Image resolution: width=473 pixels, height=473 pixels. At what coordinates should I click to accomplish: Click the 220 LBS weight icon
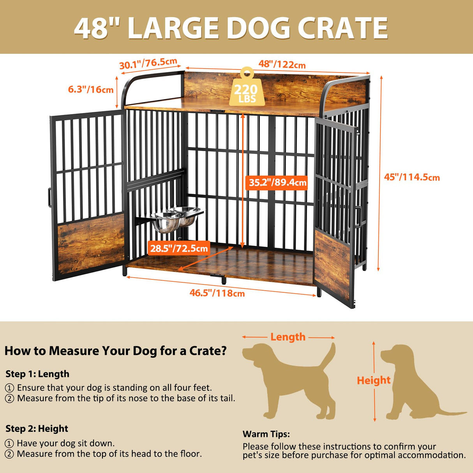pyautogui.click(x=246, y=88)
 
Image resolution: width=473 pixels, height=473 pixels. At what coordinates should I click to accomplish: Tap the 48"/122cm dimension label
pyautogui.click(x=282, y=65)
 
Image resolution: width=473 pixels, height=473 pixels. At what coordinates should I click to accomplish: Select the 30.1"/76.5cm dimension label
pyautogui.click(x=148, y=64)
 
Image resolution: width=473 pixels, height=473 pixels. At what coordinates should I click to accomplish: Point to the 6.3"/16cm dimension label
pyautogui.click(x=91, y=89)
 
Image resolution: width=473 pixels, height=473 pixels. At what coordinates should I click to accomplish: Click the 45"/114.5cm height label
pyautogui.click(x=412, y=177)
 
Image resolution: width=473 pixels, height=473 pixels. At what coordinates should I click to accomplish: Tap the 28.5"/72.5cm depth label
pyautogui.click(x=179, y=248)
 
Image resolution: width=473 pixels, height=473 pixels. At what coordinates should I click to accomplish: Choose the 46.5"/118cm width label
pyautogui.click(x=217, y=293)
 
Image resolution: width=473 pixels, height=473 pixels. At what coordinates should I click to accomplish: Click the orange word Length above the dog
pyautogui.click(x=288, y=337)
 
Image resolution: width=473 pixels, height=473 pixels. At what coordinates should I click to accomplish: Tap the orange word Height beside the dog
pyautogui.click(x=373, y=380)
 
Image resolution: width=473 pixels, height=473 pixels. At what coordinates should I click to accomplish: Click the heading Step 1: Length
pyautogui.click(x=37, y=374)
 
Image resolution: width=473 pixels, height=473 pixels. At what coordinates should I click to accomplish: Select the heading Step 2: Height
pyautogui.click(x=37, y=429)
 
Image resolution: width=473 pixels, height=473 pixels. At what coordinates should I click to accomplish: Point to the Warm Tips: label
pyautogui.click(x=266, y=434)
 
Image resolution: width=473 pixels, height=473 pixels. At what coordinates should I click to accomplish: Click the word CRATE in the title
pyautogui.click(x=342, y=28)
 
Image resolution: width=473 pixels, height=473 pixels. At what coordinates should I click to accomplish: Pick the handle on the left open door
pyautogui.click(x=49, y=198)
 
